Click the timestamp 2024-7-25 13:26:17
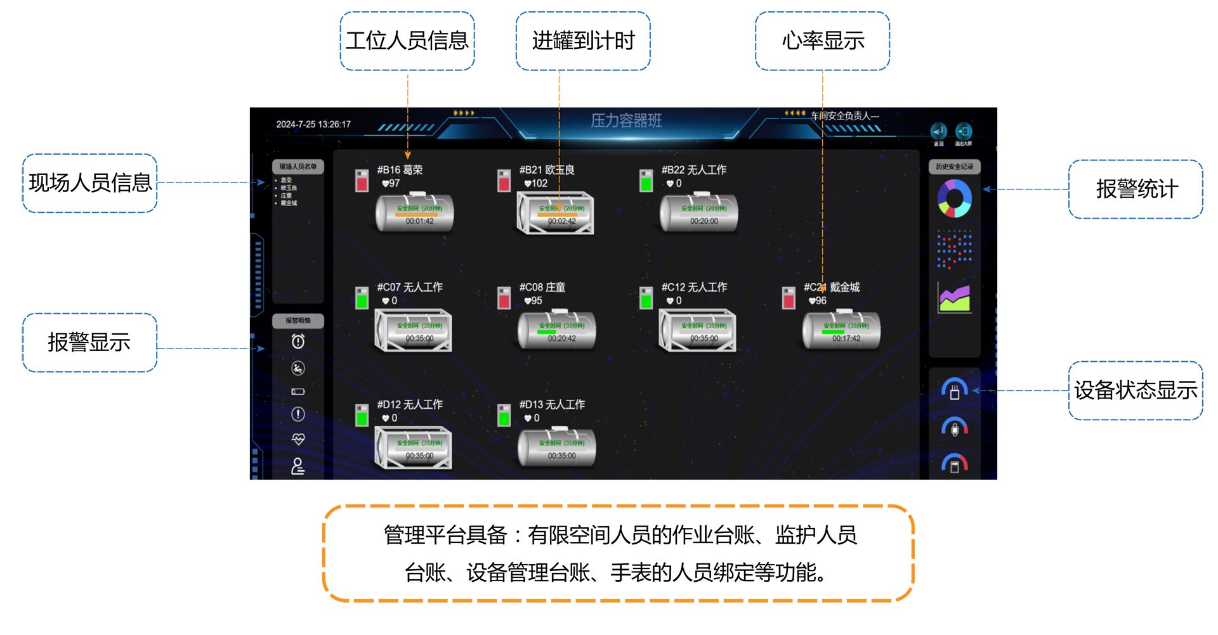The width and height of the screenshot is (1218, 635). [x=313, y=124]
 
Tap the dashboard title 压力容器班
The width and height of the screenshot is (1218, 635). [x=626, y=120]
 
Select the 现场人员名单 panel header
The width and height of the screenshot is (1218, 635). [x=298, y=167]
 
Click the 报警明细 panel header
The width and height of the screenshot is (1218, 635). [x=298, y=321]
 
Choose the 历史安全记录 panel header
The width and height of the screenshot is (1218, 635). [x=954, y=167]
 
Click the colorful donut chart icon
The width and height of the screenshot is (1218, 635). [x=954, y=198]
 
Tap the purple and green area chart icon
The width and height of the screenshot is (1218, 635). [x=954, y=297]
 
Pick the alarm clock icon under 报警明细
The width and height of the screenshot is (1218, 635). [x=298, y=342]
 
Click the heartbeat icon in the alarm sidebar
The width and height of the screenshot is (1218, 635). [x=298, y=439]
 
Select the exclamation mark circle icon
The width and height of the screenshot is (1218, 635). [x=298, y=414]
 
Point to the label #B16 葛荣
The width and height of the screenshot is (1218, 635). [x=400, y=170]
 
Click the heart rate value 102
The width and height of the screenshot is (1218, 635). [x=539, y=183]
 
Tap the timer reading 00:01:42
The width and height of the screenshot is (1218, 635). [x=420, y=221]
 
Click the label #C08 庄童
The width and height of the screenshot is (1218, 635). [x=542, y=287]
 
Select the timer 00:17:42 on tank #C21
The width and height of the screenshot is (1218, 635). [x=846, y=338]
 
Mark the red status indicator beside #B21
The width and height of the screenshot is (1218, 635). [x=504, y=181]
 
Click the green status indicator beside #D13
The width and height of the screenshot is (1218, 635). [x=504, y=416]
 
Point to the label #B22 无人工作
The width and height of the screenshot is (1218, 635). [x=694, y=170]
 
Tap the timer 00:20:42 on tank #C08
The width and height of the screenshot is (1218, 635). [x=562, y=338]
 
